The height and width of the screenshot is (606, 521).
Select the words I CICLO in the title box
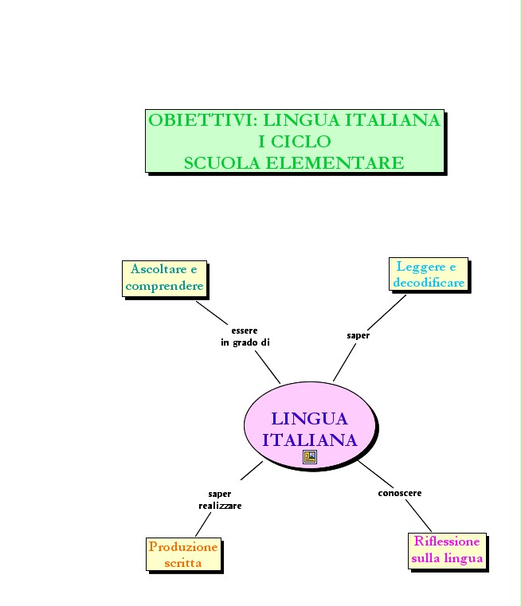[295, 142]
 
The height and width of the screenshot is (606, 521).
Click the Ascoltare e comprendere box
[165, 278]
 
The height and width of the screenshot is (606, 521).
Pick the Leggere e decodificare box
[428, 275]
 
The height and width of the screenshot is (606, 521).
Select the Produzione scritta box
[183, 554]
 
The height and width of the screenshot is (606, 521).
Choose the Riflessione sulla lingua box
[447, 550]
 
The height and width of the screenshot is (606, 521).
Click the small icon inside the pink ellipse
[310, 456]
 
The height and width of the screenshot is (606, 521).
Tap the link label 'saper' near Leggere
[358, 335]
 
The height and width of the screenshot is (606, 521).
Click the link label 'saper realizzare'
[220, 499]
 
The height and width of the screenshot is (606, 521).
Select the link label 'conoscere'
[399, 493]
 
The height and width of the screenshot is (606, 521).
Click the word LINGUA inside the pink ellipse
[309, 419]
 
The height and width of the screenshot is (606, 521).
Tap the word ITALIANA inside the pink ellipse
[309, 440]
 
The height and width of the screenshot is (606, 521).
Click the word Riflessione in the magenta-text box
[447, 541]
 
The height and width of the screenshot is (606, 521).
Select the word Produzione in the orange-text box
[183, 547]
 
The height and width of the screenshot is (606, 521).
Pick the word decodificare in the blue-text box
[429, 283]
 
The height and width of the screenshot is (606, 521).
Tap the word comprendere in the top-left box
[165, 286]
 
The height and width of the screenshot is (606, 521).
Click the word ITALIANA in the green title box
[392, 121]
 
